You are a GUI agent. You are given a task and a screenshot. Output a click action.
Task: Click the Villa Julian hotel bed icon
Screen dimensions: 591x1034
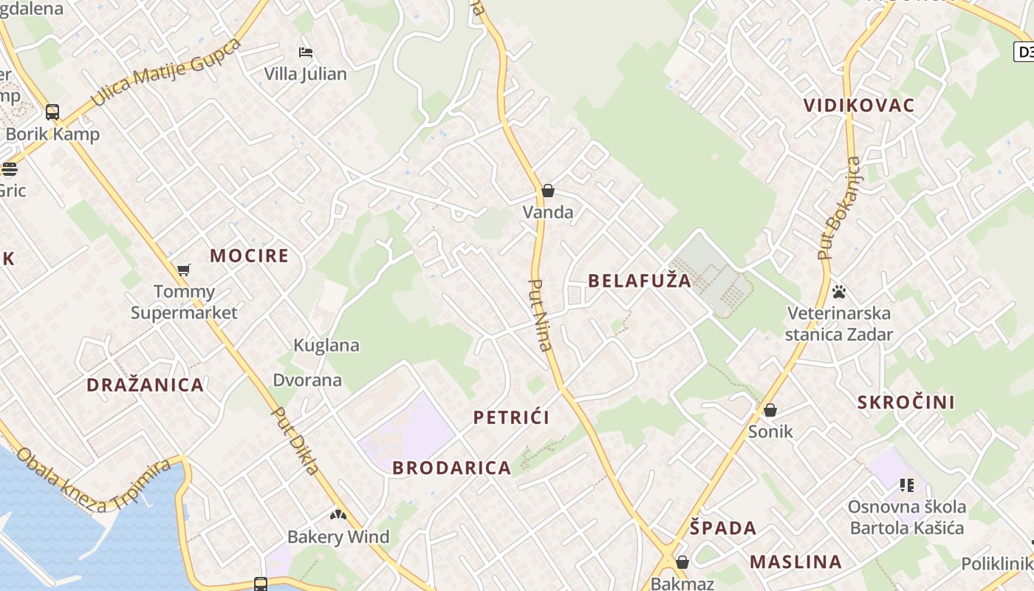[306, 52]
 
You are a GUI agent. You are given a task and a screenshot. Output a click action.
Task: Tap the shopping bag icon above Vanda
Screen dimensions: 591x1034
[548, 191]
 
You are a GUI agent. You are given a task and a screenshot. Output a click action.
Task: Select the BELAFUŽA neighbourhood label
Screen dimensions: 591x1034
[640, 281]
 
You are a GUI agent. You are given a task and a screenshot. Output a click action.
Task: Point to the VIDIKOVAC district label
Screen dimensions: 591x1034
[859, 105]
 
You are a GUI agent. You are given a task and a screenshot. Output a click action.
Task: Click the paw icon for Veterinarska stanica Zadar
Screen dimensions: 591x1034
[839, 291]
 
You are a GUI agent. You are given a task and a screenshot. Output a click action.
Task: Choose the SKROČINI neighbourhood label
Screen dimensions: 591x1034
[906, 403]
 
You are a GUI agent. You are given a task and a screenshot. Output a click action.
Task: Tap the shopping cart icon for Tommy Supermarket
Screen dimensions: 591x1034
[184, 270]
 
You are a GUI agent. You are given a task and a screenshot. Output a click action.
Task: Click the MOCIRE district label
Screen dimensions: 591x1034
[250, 256]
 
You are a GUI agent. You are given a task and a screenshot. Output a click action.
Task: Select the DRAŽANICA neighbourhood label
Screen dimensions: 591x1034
[145, 385]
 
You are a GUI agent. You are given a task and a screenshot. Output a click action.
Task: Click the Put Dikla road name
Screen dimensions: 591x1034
[295, 441]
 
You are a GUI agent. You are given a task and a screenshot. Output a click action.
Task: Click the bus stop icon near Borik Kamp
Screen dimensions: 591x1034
[52, 112]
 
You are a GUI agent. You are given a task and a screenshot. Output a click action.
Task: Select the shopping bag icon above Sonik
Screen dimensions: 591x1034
[770, 410]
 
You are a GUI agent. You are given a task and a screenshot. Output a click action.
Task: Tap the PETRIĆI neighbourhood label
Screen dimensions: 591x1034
[511, 418]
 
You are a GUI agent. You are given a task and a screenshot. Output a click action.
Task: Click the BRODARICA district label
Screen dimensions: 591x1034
[451, 468]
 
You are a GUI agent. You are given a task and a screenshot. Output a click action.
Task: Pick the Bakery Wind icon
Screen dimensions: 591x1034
[338, 514]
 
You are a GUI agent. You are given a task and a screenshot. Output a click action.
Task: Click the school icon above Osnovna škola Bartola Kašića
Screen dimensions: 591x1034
[907, 485]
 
